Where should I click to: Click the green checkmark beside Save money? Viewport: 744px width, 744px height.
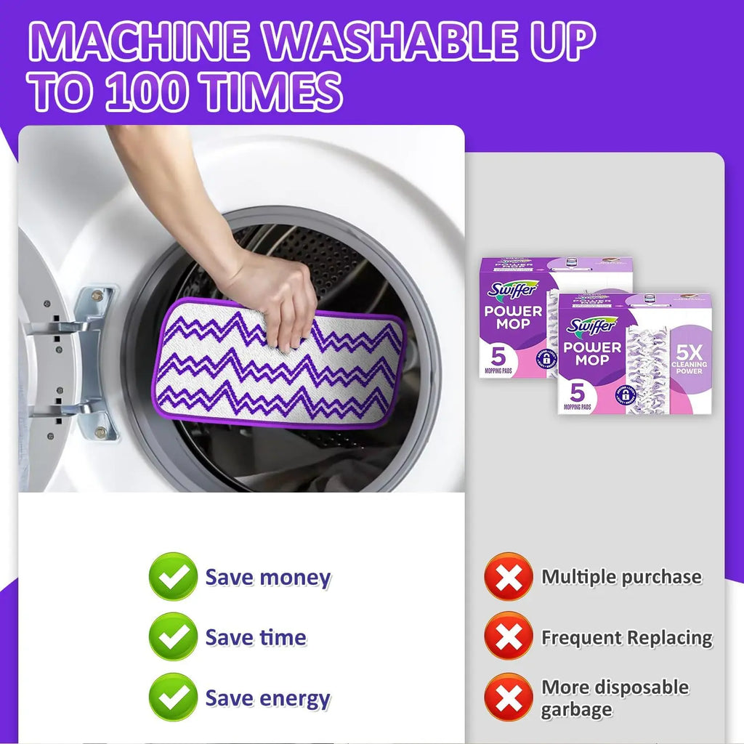[173, 577]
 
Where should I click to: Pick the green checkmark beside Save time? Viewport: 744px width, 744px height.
[173, 636]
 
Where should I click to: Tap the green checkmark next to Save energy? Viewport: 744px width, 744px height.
[173, 697]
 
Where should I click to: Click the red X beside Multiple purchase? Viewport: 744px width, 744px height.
[508, 577]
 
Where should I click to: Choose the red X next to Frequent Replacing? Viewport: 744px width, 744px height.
[508, 636]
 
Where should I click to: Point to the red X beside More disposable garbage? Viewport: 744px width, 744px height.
[508, 697]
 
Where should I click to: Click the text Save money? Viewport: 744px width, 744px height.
[267, 578]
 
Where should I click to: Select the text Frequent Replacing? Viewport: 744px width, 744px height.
[626, 638]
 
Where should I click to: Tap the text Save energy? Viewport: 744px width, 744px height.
[267, 698]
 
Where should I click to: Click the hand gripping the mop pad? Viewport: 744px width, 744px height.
[280, 298]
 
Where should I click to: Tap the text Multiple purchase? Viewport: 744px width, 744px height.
[621, 578]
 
